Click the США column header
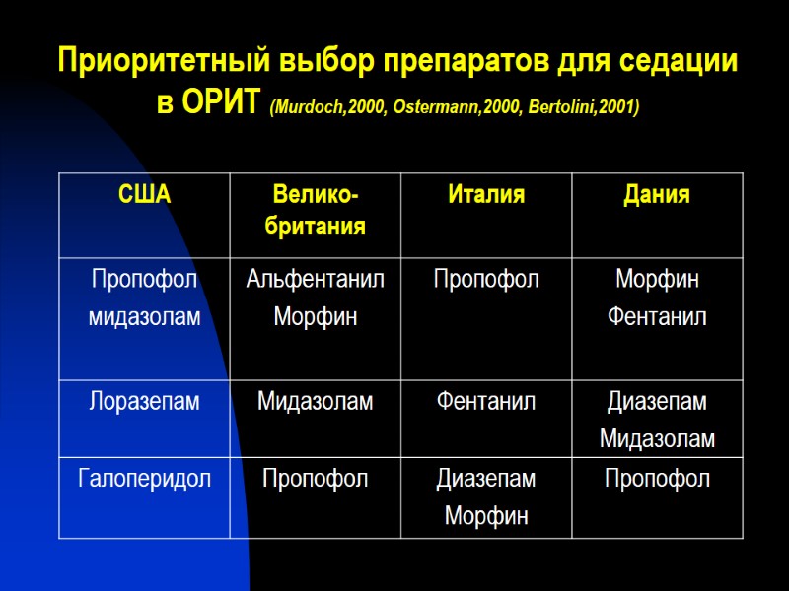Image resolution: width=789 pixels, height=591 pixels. pyautogui.click(x=144, y=195)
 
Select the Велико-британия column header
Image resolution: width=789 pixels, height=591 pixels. pyautogui.click(x=315, y=211)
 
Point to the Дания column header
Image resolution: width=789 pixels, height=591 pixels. pyautogui.click(x=657, y=195)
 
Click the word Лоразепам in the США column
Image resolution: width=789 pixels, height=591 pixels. pyautogui.click(x=144, y=401)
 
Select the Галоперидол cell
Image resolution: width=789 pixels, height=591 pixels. pyautogui.click(x=144, y=479)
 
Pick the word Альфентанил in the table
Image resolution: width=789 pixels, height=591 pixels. pyautogui.click(x=315, y=280)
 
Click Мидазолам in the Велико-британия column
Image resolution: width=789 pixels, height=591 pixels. pyautogui.click(x=315, y=401)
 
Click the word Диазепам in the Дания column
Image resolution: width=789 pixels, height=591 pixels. pyautogui.click(x=657, y=401)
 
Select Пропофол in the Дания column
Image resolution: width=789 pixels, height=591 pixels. pyautogui.click(x=657, y=479)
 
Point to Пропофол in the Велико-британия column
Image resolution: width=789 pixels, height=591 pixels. pyautogui.click(x=315, y=479)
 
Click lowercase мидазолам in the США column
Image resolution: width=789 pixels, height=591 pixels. pyautogui.click(x=144, y=317)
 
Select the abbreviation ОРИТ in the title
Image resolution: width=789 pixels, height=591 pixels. pyautogui.click(x=222, y=103)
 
